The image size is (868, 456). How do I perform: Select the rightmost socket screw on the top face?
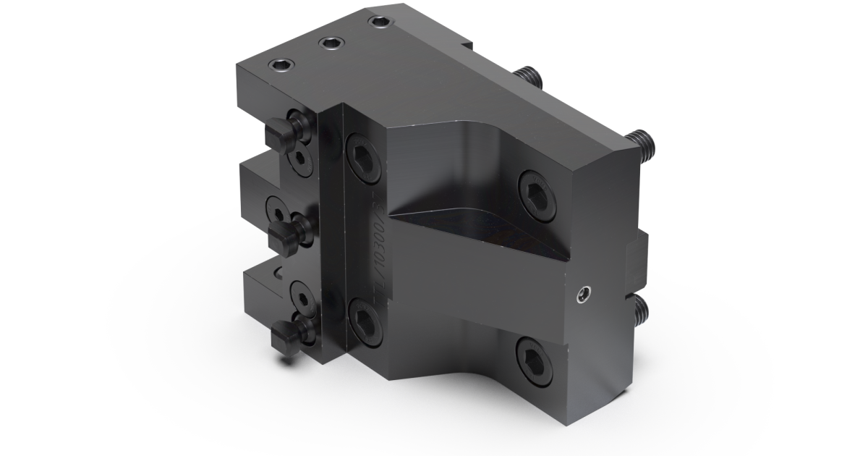[x=378, y=22]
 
